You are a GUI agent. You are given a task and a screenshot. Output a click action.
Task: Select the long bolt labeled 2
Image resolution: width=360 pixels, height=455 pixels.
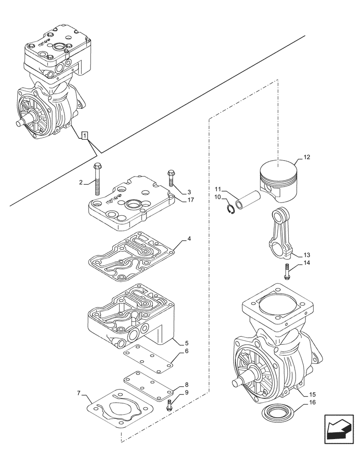97,180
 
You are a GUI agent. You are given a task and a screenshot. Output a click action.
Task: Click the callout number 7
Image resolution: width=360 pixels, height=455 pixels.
80,392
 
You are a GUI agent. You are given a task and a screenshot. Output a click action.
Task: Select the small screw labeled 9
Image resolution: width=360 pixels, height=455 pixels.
170,404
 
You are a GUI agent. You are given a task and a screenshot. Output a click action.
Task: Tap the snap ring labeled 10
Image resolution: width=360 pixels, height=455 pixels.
231,210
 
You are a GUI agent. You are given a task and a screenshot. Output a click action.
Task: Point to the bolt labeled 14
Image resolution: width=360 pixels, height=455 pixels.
287,271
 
